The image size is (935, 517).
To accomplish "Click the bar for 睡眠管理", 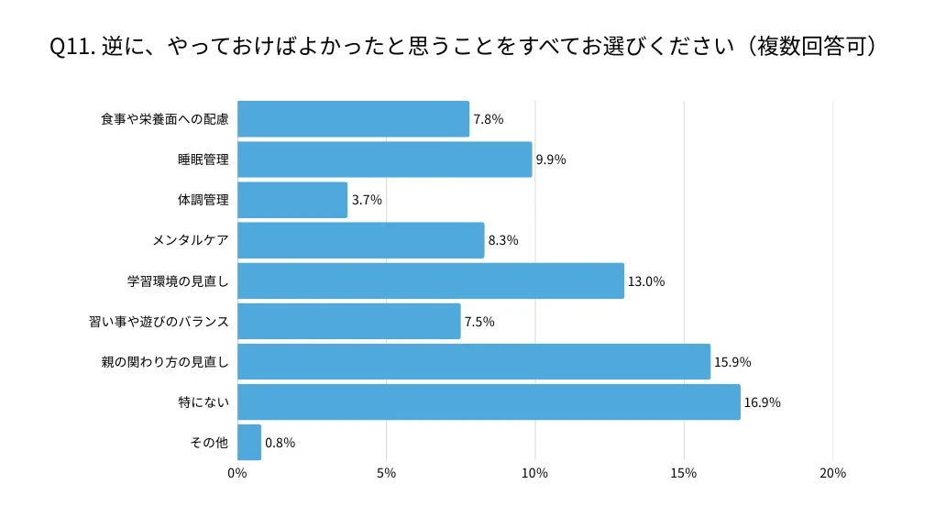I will pyautogui.click(x=384, y=159).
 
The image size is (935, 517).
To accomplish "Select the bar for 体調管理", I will pyautogui.click(x=291, y=200).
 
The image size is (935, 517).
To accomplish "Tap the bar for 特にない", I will pyautogui.click(x=489, y=401).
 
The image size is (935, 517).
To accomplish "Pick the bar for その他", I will pyautogui.click(x=248, y=442).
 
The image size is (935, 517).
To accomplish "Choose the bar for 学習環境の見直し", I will pyautogui.click(x=430, y=280).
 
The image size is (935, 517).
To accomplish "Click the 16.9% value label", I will pyautogui.click(x=762, y=402).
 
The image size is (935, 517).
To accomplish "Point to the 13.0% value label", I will pyautogui.click(x=645, y=281).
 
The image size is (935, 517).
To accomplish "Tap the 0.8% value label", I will pyautogui.click(x=280, y=443).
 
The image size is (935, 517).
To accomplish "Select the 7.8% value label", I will pyautogui.click(x=488, y=119).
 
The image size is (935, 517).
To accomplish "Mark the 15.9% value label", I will pyautogui.click(x=732, y=362).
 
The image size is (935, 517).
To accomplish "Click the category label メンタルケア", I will pyautogui.click(x=191, y=240).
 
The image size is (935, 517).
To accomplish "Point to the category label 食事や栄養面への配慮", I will pyautogui.click(x=164, y=119).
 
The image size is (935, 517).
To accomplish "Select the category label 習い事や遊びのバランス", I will pyautogui.click(x=159, y=321).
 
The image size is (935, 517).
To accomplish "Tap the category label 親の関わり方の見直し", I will pyautogui.click(x=164, y=361).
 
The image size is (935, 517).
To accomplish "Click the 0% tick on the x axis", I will pyautogui.click(x=237, y=473).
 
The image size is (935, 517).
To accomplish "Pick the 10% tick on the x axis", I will pyautogui.click(x=534, y=473).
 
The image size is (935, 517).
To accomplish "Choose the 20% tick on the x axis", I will pyautogui.click(x=832, y=473).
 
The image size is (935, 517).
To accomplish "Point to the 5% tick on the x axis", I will pyautogui.click(x=386, y=473).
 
